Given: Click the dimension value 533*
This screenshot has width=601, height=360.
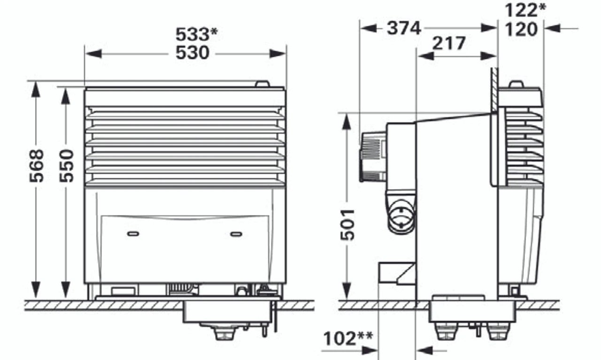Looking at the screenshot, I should [197, 34].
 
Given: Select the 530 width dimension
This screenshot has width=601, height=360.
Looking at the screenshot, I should [193, 53].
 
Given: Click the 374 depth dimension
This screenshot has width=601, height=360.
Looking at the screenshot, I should [404, 28].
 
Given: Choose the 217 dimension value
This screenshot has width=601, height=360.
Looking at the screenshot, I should [449, 44].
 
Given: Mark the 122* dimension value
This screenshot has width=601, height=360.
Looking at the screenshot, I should [525, 10].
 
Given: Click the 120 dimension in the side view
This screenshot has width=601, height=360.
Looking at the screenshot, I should [521, 30].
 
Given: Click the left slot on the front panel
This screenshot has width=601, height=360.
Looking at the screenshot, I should [133, 233].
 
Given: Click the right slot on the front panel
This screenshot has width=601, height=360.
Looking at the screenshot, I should [236, 233].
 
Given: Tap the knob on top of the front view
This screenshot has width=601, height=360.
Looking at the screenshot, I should [262, 84].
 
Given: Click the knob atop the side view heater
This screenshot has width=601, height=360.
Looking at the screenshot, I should [516, 84].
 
